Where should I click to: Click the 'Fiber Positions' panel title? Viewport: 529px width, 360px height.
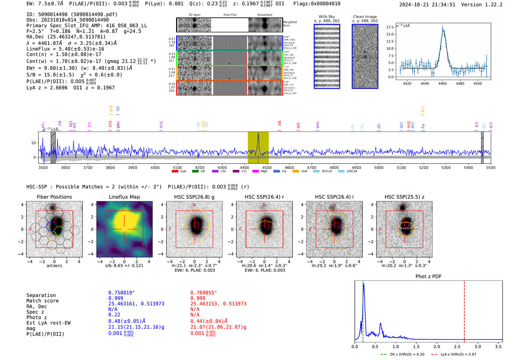coord(54,197)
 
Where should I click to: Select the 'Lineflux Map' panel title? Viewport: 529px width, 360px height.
coord(124,197)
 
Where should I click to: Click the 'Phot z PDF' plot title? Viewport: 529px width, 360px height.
coord(428,277)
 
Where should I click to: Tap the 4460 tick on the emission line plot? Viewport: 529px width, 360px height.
coord(442,83)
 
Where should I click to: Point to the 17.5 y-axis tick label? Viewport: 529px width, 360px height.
coord(390,27)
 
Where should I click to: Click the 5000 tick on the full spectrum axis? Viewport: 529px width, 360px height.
coord(379,167)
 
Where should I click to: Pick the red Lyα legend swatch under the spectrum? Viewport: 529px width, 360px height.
coord(175,171)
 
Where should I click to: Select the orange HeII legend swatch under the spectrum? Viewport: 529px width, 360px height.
coord(295,171)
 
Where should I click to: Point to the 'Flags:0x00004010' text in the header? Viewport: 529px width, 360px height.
coord(317,4)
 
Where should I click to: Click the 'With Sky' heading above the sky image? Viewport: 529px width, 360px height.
coord(326,17)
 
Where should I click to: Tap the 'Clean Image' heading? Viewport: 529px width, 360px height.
coord(365,17)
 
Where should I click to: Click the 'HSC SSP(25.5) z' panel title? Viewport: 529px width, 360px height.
coord(404,197)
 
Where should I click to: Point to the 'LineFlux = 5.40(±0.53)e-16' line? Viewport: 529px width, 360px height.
coord(65,49)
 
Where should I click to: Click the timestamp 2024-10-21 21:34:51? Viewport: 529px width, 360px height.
coord(427,5)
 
